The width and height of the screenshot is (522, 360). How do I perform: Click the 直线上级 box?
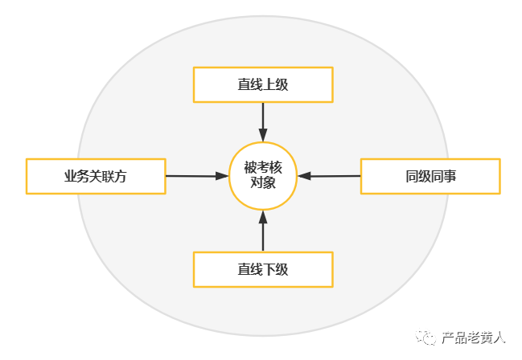click(x=262, y=84)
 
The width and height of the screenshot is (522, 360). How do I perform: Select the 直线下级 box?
click(x=262, y=269)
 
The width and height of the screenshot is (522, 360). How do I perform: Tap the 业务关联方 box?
click(x=96, y=177)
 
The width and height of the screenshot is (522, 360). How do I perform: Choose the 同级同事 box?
click(x=430, y=177)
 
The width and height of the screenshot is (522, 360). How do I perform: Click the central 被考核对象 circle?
click(x=263, y=175)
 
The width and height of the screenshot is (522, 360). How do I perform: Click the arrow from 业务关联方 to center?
click(x=197, y=175)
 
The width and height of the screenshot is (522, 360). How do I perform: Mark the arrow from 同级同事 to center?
click(x=334, y=175)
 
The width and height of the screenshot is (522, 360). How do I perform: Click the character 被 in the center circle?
click(x=250, y=167)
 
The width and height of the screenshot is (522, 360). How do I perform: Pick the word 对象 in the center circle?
click(x=263, y=182)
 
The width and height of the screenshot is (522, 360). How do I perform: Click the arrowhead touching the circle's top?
click(x=263, y=135)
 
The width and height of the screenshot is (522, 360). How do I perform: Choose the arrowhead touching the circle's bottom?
click(x=263, y=215)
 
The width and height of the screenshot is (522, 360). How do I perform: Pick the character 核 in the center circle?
click(x=276, y=167)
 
